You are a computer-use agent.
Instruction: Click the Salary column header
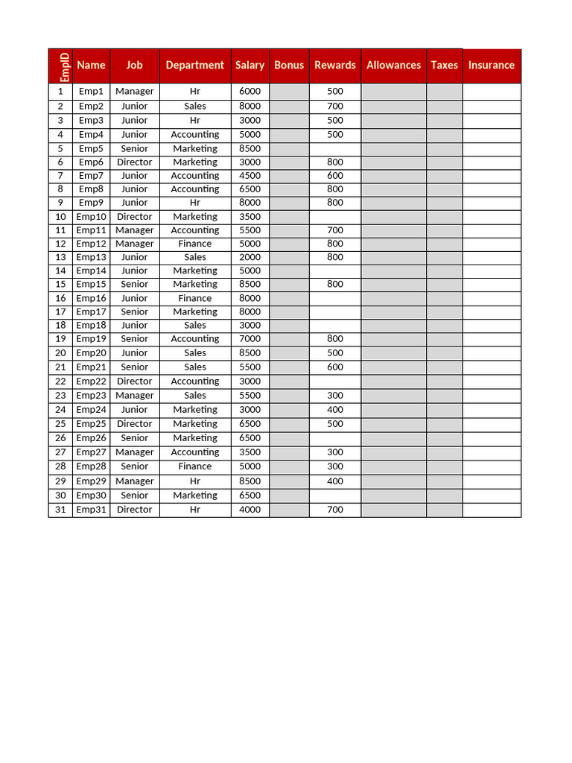pyautogui.click(x=250, y=65)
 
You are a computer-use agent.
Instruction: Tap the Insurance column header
pyautogui.click(x=491, y=65)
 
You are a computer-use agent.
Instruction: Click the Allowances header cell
pyautogui.click(x=393, y=65)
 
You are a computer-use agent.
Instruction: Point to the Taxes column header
pyautogui.click(x=444, y=65)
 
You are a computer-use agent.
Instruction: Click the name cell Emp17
pyautogui.click(x=91, y=311)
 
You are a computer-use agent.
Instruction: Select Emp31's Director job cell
pyautogui.click(x=134, y=510)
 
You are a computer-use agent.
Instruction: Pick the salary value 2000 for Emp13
pyautogui.click(x=250, y=257)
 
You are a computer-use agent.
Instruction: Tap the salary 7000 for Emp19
pyautogui.click(x=250, y=338)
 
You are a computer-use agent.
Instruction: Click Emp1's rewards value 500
pyautogui.click(x=335, y=91)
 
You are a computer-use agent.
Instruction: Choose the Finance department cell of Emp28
pyautogui.click(x=194, y=466)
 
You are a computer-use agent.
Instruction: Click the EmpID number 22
pyautogui.click(x=60, y=381)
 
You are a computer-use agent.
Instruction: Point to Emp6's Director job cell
pyautogui.click(x=134, y=162)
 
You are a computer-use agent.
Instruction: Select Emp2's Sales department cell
pyautogui.click(x=194, y=106)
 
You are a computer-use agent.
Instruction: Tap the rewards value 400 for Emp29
pyautogui.click(x=335, y=481)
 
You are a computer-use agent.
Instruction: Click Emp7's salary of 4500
pyautogui.click(x=250, y=176)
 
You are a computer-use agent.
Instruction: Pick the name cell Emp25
pyautogui.click(x=91, y=424)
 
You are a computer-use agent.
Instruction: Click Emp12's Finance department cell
pyautogui.click(x=194, y=244)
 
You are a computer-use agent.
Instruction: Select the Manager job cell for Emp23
pyautogui.click(x=134, y=396)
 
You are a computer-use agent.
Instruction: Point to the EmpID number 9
pyautogui.click(x=60, y=202)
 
